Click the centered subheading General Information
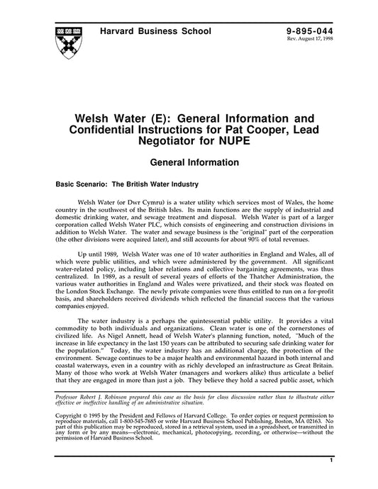pos(189,162)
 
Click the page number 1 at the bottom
pos(331,480)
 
